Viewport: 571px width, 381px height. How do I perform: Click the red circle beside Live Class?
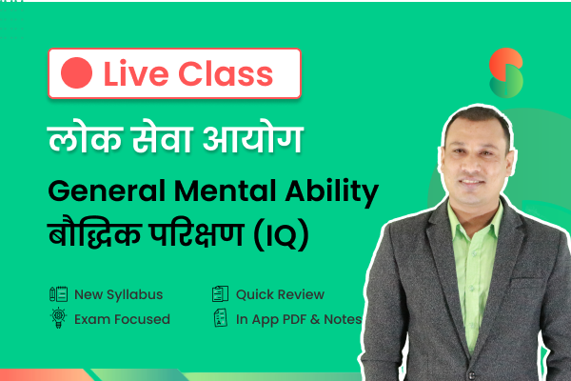pyautogui.click(x=76, y=73)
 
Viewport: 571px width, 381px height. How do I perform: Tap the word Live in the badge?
pyautogui.click(x=136, y=74)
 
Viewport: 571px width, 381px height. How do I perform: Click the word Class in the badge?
pyautogui.click(x=226, y=74)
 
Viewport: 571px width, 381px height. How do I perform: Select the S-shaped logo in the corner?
pyautogui.click(x=506, y=73)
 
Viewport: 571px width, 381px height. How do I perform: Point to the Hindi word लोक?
pyautogui.click(x=85, y=138)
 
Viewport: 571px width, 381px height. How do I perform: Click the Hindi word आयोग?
pyautogui.click(x=253, y=138)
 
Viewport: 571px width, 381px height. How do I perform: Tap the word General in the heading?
pyautogui.click(x=107, y=190)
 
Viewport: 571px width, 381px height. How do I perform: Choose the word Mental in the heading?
pyautogui.click(x=225, y=190)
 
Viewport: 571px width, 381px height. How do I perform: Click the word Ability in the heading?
pyautogui.click(x=332, y=192)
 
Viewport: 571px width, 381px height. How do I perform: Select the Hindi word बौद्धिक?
pyautogui.click(x=95, y=233)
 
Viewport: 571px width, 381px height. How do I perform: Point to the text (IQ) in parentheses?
pyautogui.click(x=282, y=235)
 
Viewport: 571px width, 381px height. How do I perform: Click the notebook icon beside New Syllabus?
pyautogui.click(x=58, y=294)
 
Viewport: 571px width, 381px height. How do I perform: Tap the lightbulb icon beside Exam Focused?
pyautogui.click(x=58, y=318)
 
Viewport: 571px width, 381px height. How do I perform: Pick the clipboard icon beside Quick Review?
pyautogui.click(x=221, y=294)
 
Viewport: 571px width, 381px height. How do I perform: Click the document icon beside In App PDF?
pyautogui.click(x=221, y=318)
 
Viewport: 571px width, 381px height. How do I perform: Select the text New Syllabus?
pyautogui.click(x=118, y=294)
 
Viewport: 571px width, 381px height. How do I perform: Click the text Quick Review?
pyautogui.click(x=280, y=294)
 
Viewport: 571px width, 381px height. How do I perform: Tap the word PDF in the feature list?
pyautogui.click(x=295, y=319)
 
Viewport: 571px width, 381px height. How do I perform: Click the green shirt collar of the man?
pyautogui.click(x=473, y=224)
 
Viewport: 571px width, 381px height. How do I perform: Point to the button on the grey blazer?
pyautogui.click(x=472, y=375)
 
